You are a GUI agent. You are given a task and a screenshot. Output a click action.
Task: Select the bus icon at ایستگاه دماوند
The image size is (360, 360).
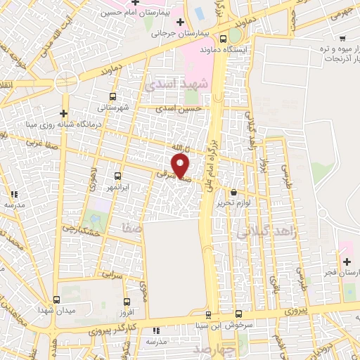[224, 39]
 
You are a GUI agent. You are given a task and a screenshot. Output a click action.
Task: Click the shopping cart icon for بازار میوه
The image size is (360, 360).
[342, 38]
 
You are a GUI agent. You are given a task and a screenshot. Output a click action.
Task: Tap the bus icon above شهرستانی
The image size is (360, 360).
[112, 96]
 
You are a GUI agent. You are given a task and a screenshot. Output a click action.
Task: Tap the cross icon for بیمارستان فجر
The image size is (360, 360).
[346, 262]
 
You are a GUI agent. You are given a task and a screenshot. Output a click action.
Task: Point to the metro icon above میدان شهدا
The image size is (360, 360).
[56, 300]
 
